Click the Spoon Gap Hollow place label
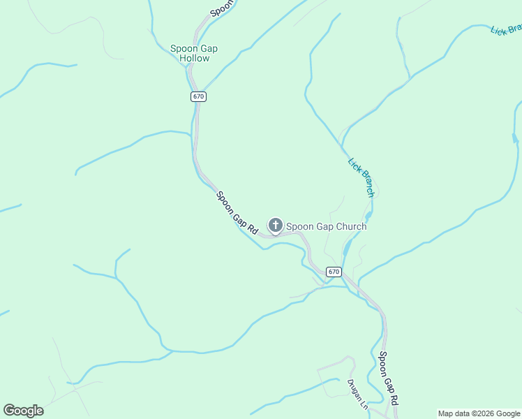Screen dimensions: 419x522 [194, 53]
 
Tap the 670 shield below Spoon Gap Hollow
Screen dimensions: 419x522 [198, 96]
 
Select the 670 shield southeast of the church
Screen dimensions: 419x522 [334, 272]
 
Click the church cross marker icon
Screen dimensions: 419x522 [276, 226]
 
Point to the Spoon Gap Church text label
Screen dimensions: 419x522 [326, 226]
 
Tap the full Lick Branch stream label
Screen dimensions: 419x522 [361, 177]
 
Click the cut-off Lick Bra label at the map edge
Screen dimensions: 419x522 [506, 30]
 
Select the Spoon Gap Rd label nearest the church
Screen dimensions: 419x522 [237, 212]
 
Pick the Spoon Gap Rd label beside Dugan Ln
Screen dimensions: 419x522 [389, 378]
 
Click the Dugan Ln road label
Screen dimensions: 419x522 [357, 395]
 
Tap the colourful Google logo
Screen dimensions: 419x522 [23, 411]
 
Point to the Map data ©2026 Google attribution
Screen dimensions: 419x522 [479, 413]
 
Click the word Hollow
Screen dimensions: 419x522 [194, 58]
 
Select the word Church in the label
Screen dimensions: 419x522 [350, 226]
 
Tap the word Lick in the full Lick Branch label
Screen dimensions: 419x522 [354, 166]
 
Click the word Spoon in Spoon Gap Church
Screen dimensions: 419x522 [300, 226]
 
